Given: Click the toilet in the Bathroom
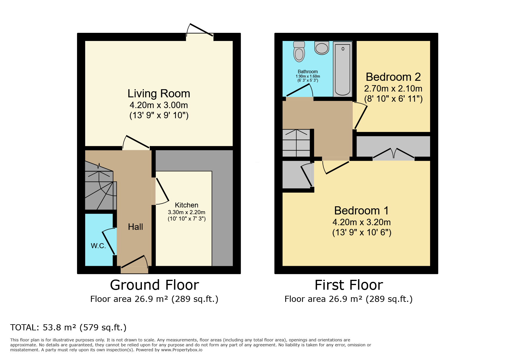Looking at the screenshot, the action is click(x=299, y=51).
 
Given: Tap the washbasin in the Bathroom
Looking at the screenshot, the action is click(x=322, y=48).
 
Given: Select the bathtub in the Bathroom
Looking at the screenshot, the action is click(x=343, y=69).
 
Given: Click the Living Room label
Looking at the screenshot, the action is click(x=159, y=94).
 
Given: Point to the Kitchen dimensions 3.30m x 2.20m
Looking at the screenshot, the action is click(x=187, y=212).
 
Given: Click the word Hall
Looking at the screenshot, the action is click(x=136, y=227).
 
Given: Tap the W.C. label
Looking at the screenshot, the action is click(x=98, y=246).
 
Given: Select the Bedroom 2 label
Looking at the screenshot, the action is click(x=393, y=77).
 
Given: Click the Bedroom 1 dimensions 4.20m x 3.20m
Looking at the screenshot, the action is click(x=362, y=222).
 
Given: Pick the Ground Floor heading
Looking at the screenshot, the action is click(x=154, y=285).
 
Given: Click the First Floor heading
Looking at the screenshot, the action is click(x=349, y=285).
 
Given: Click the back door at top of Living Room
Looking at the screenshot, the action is click(x=200, y=30).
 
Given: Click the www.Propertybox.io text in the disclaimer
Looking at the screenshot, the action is click(x=182, y=350).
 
